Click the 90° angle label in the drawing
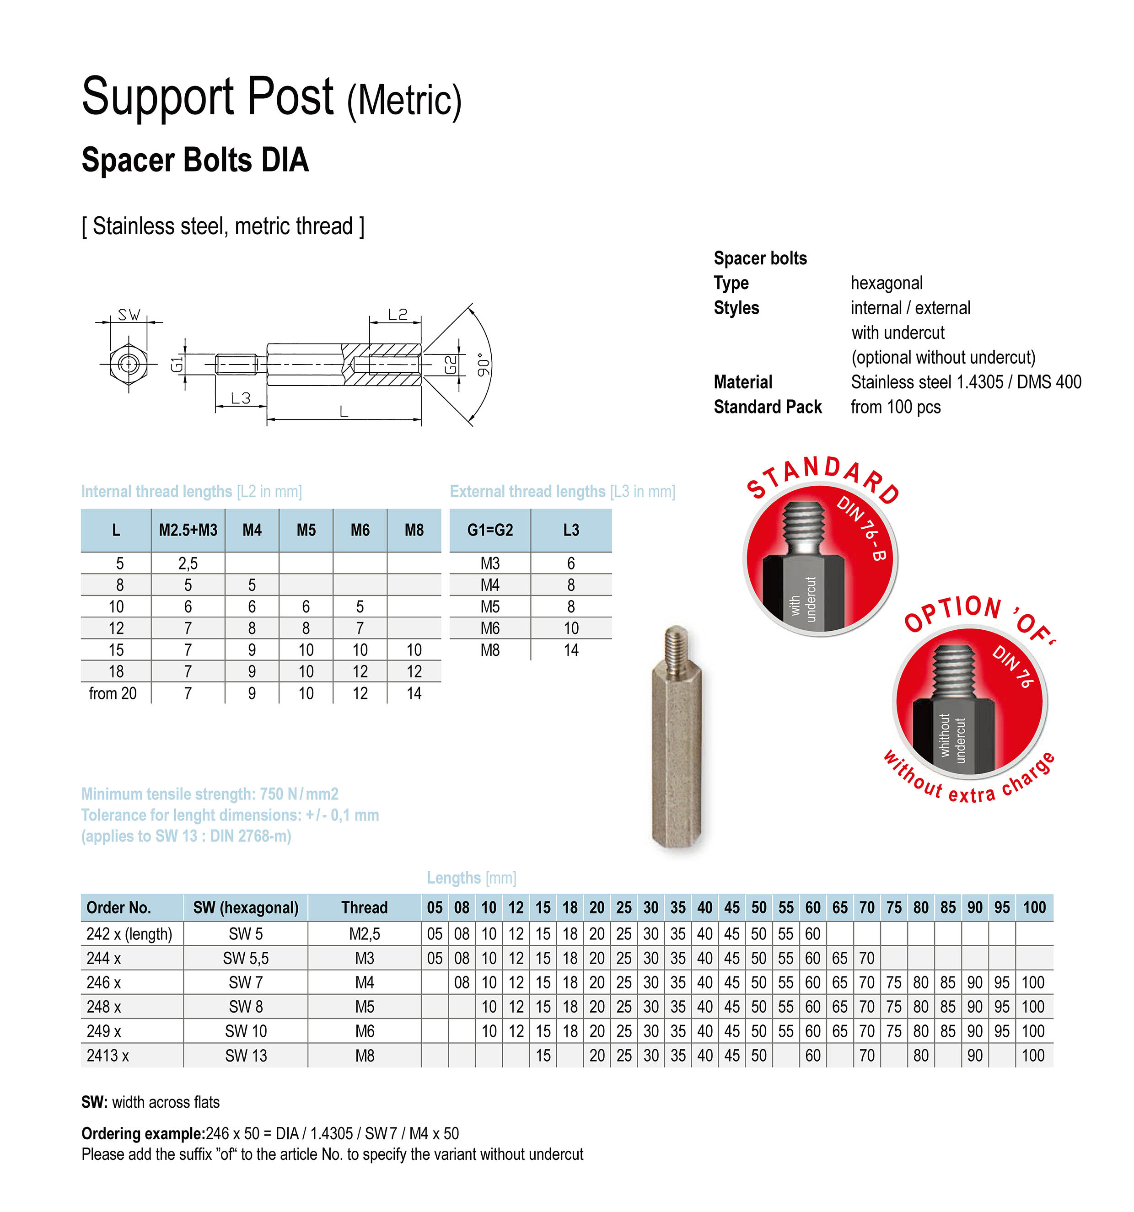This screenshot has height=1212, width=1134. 483,364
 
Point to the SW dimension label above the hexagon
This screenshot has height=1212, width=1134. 129,315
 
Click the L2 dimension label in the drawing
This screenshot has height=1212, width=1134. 398,315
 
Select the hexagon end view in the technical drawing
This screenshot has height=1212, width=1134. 129,365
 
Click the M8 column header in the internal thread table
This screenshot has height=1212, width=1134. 414,531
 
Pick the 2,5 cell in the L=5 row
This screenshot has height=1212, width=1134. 188,563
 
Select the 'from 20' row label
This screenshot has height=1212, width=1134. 113,693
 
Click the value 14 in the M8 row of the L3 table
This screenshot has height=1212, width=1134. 570,650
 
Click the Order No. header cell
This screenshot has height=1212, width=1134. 119,908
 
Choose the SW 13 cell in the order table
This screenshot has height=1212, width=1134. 246,1055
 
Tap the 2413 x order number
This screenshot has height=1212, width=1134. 108,1055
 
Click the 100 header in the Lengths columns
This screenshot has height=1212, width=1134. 1034,908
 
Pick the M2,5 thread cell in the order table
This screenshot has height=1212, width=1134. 365,933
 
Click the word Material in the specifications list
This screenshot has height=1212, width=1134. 742,382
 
